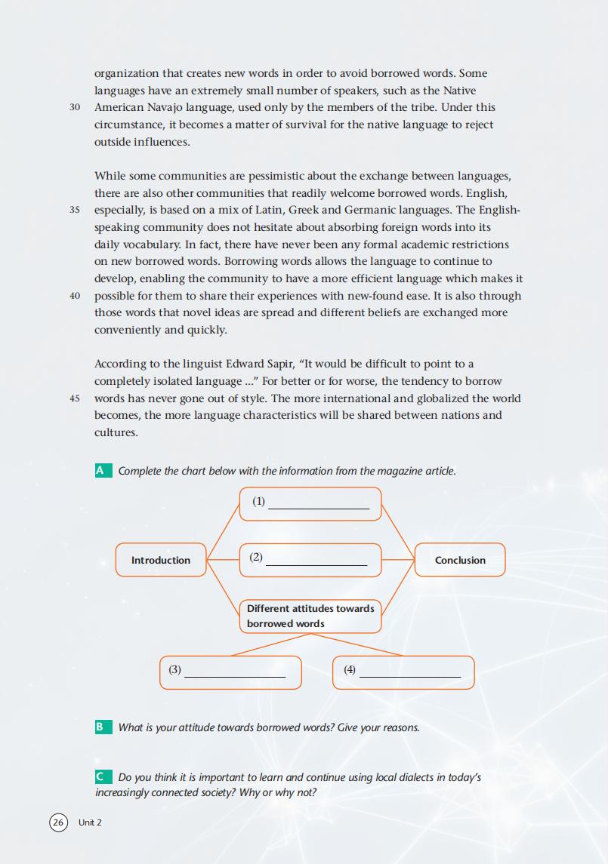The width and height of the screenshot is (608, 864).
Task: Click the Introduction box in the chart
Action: click(x=161, y=560)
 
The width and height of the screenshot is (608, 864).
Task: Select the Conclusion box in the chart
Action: click(x=460, y=560)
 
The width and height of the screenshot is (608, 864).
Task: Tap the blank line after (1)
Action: click(x=319, y=508)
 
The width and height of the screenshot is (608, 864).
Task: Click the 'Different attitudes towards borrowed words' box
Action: click(x=310, y=616)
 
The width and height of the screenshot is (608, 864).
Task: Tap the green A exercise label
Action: click(x=100, y=471)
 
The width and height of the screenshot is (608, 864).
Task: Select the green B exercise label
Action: click(x=100, y=727)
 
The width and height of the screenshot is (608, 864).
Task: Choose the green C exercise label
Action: click(x=100, y=777)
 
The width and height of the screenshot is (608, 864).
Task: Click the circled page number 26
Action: click(x=58, y=822)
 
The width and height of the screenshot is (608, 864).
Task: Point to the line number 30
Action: click(x=75, y=107)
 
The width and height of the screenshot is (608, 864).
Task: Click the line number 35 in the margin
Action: click(x=75, y=210)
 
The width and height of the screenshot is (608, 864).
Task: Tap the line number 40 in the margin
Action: click(x=75, y=296)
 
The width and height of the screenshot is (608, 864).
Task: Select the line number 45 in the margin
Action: click(x=75, y=398)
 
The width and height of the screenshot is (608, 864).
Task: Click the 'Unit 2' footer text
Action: click(x=90, y=822)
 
